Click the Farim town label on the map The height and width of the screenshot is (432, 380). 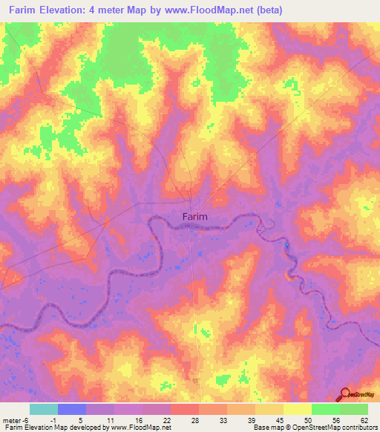pos(194,217)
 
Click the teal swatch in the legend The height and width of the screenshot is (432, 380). pos(44,409)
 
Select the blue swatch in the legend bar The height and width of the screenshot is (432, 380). pos(72,409)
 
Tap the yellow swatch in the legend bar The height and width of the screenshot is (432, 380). pos(298,409)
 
